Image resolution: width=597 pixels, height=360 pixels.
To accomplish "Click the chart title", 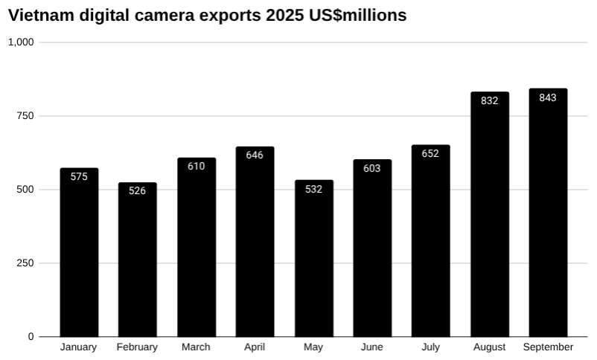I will point(208,16).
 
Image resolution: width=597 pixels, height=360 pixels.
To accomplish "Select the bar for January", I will point(79,253).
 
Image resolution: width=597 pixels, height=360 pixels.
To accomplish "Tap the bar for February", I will point(138,260).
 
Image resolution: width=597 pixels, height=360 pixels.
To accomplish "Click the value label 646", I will point(255,155).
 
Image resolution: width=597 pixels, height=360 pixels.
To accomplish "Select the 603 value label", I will point(372,169).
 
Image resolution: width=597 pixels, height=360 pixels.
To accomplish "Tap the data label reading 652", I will point(430,154).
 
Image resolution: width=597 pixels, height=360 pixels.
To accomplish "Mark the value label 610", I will point(197,167).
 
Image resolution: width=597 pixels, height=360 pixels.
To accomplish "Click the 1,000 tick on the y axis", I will point(21,42).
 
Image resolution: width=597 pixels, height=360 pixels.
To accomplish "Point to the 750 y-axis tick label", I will point(25,116).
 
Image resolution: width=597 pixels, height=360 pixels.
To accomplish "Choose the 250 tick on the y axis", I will point(25,263).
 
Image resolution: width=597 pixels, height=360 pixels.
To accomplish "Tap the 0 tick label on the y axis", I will point(31,337).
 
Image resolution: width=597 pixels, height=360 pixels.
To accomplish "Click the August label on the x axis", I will point(489,347).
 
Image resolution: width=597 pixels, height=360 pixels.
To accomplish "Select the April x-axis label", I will point(255,347).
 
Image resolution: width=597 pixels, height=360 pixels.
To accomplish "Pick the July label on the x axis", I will point(430,347).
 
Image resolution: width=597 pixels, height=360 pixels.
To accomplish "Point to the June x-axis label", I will point(372,347).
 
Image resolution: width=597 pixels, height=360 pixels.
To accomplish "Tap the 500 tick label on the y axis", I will point(25,190).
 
